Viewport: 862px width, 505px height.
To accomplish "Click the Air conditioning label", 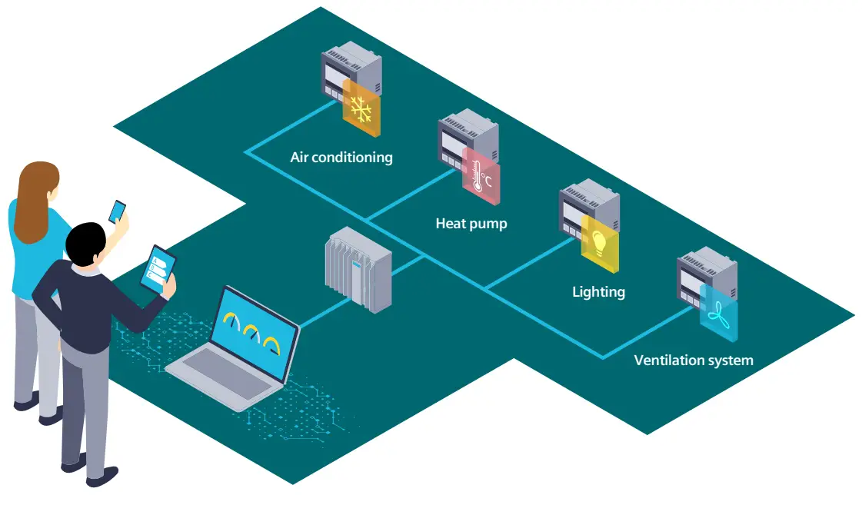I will pos(341,158).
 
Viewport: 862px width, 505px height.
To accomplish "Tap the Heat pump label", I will pos(471,224).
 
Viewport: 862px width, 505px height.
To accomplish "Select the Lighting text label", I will pos(598,292).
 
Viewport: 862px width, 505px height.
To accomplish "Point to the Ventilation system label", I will pos(693,360).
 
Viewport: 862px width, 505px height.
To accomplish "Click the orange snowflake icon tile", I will pos(361,109).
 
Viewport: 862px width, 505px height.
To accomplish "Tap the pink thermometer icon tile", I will pos(481,178).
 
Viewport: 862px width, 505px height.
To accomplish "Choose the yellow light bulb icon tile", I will pos(600,244).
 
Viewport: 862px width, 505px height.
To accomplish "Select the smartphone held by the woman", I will pos(117,211).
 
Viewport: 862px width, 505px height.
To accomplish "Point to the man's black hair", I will pos(84,243).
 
